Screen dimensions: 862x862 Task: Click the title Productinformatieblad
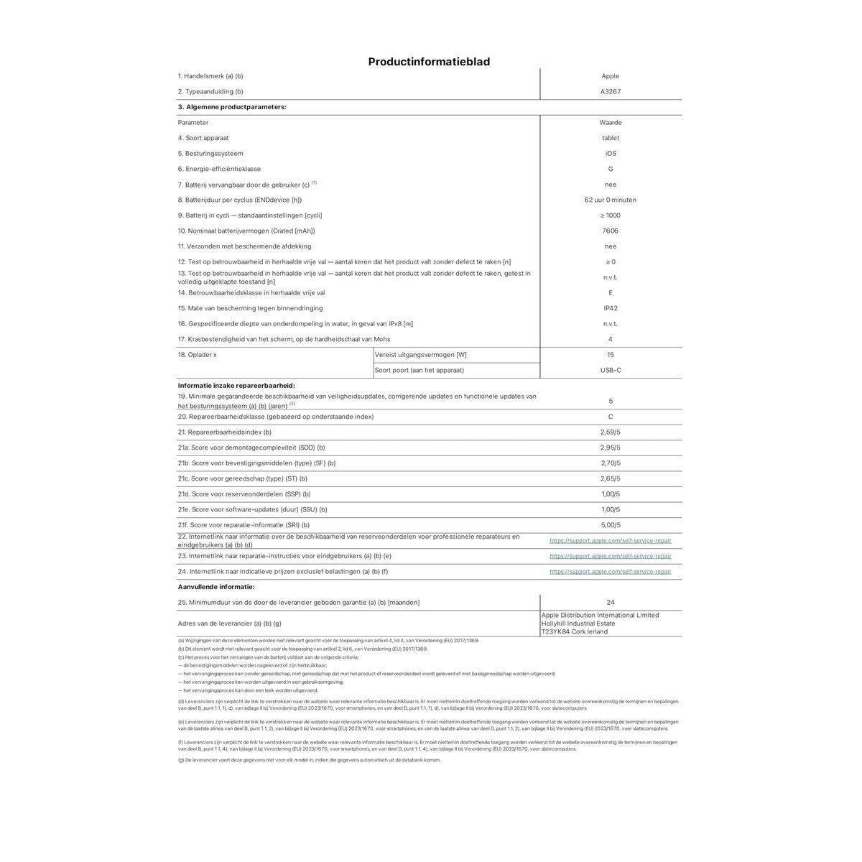pyautogui.click(x=429, y=62)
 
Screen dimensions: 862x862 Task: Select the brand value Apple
pyautogui.click(x=610, y=76)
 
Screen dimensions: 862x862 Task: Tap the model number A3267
pyautogui.click(x=610, y=92)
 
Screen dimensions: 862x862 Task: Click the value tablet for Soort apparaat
pyautogui.click(x=610, y=138)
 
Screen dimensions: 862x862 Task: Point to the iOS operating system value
pyautogui.click(x=610, y=154)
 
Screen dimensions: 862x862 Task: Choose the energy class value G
pyautogui.click(x=610, y=169)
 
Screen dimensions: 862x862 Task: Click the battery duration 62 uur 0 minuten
pyautogui.click(x=610, y=200)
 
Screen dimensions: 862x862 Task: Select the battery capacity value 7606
pyautogui.click(x=610, y=231)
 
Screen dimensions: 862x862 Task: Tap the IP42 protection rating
pyautogui.click(x=610, y=308)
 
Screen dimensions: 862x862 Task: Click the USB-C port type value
pyautogui.click(x=610, y=370)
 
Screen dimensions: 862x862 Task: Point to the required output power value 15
pyautogui.click(x=610, y=355)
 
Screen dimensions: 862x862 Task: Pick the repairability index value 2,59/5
pyautogui.click(x=610, y=432)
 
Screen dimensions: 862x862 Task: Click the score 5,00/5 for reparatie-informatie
pyautogui.click(x=610, y=525)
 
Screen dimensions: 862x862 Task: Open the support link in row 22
pyautogui.click(x=610, y=540)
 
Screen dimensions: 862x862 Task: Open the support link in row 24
pyautogui.click(x=610, y=572)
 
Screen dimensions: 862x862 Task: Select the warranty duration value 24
pyautogui.click(x=610, y=603)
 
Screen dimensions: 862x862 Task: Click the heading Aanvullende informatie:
pyautogui.click(x=215, y=587)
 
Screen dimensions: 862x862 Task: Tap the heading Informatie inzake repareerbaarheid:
pyautogui.click(x=236, y=386)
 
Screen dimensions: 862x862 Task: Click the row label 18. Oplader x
pyautogui.click(x=198, y=355)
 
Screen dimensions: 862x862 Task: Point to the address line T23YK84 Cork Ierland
pyautogui.click(x=574, y=632)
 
